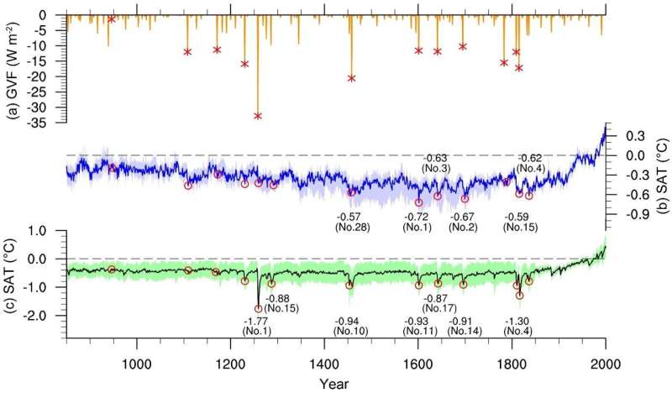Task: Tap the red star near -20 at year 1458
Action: click(351, 78)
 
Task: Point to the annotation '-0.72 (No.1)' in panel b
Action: click(419, 222)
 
